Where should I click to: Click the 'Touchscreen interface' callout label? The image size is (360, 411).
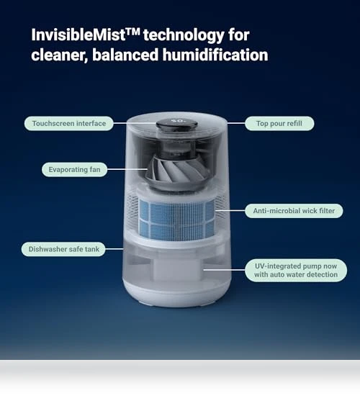pos(69,124)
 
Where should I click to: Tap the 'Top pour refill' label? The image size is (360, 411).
pos(279,124)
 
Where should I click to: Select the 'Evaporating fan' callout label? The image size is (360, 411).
pos(74,170)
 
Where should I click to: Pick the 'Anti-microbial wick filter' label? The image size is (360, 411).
pos(294,211)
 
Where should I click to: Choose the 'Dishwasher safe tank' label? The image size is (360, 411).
pos(63,249)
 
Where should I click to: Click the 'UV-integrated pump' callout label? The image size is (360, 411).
pos(296,270)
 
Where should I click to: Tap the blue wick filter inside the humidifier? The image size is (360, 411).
pos(176,218)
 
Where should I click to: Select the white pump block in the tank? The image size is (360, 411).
pos(178,269)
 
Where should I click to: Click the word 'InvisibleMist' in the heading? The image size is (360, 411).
pos(78,35)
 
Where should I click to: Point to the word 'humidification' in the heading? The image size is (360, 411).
pos(215,55)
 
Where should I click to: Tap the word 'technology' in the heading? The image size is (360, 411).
pos(184,35)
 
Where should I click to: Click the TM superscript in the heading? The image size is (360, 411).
pos(133,32)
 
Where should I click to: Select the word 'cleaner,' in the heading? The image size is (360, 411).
pos(59,55)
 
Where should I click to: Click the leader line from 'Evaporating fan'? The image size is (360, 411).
pos(127,169)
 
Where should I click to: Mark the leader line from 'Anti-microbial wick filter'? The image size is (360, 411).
pos(230,210)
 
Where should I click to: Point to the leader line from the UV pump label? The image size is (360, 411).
pos(224,269)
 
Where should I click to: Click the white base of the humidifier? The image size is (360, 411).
pos(177,293)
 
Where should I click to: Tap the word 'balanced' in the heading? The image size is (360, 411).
pos(125,55)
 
